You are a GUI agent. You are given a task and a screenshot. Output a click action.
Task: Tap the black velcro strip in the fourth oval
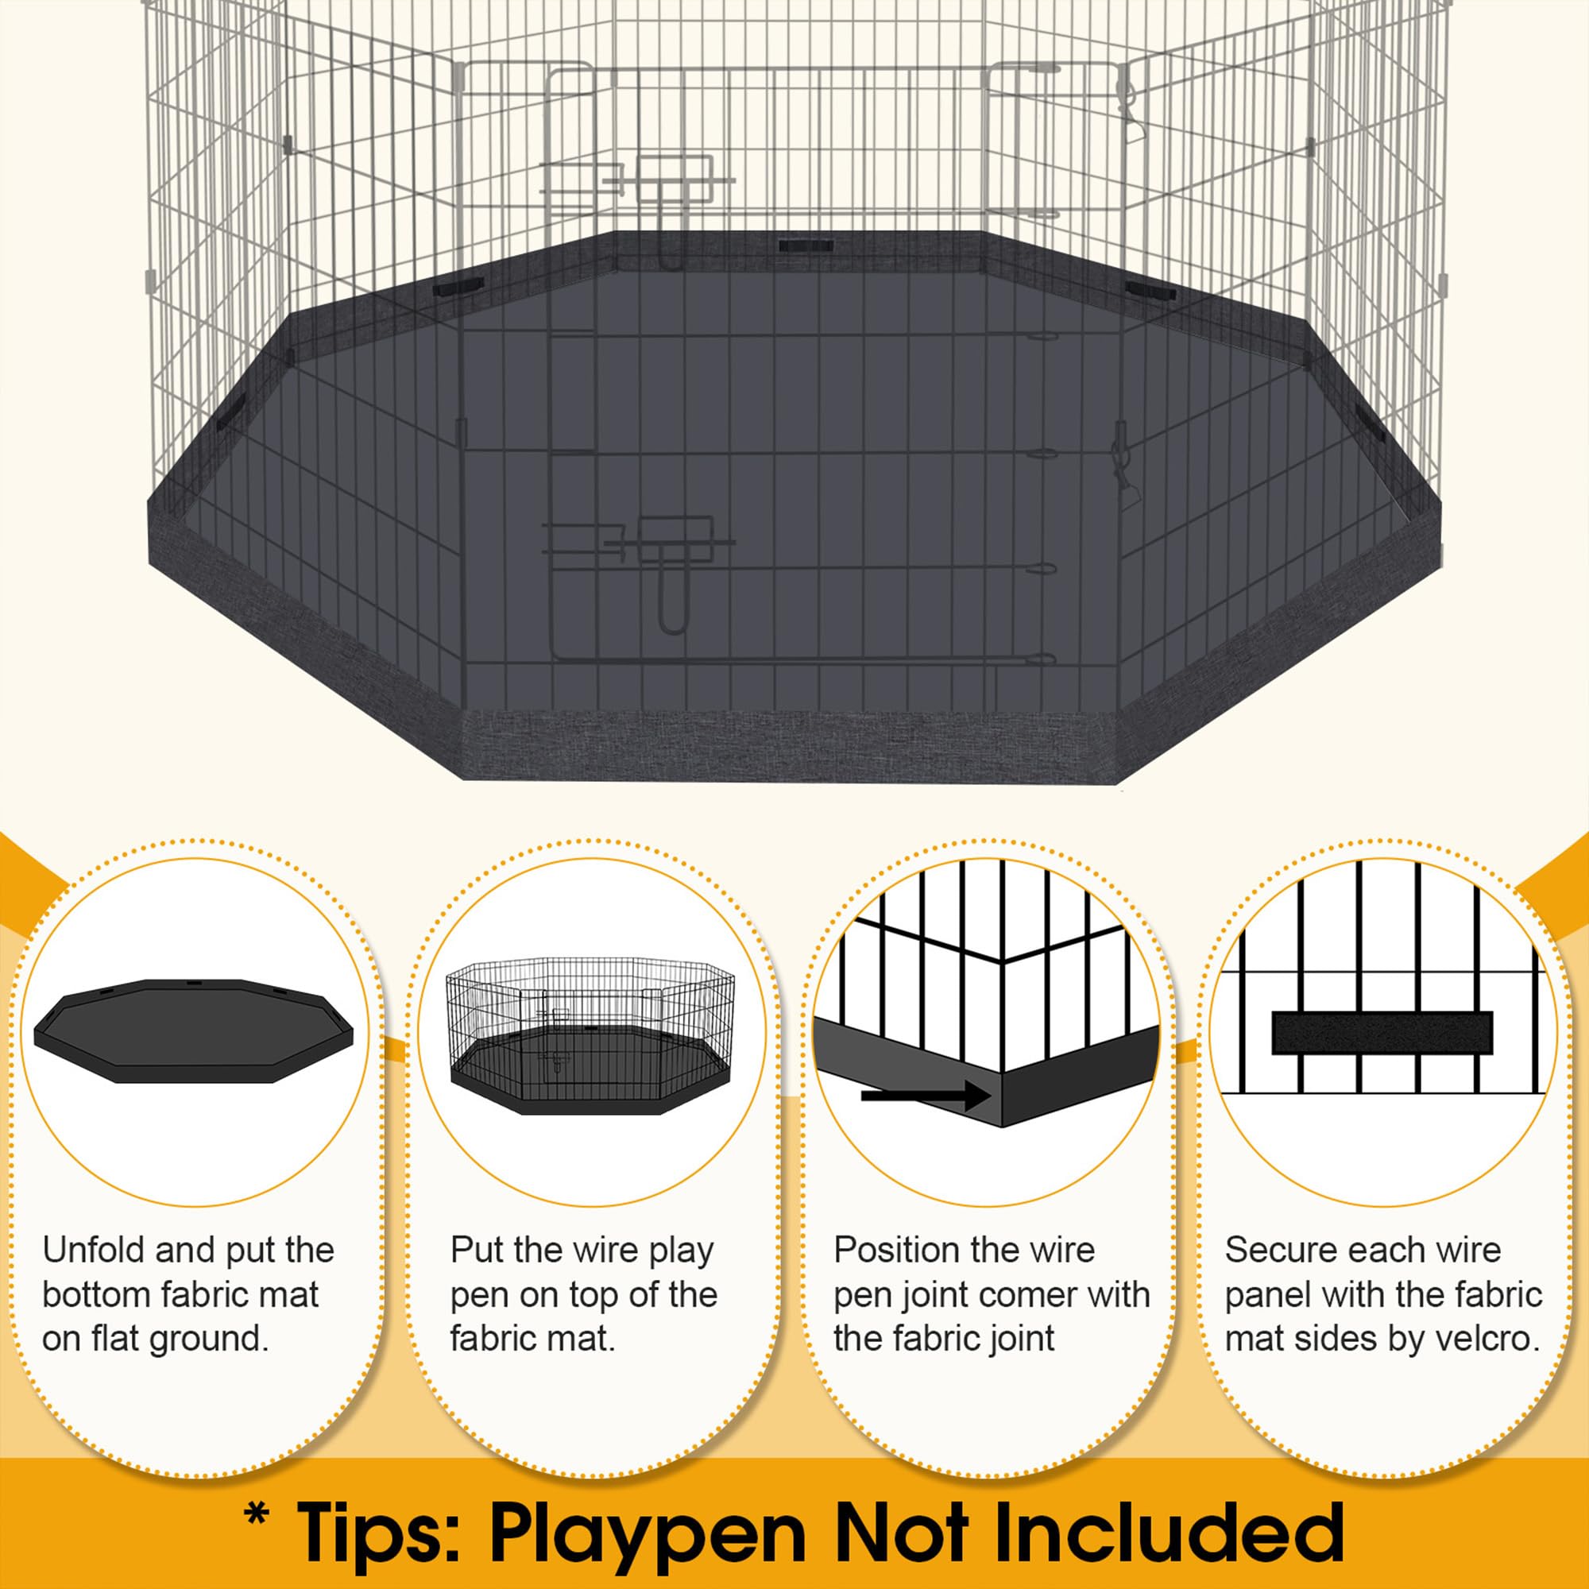tap(1382, 1033)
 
